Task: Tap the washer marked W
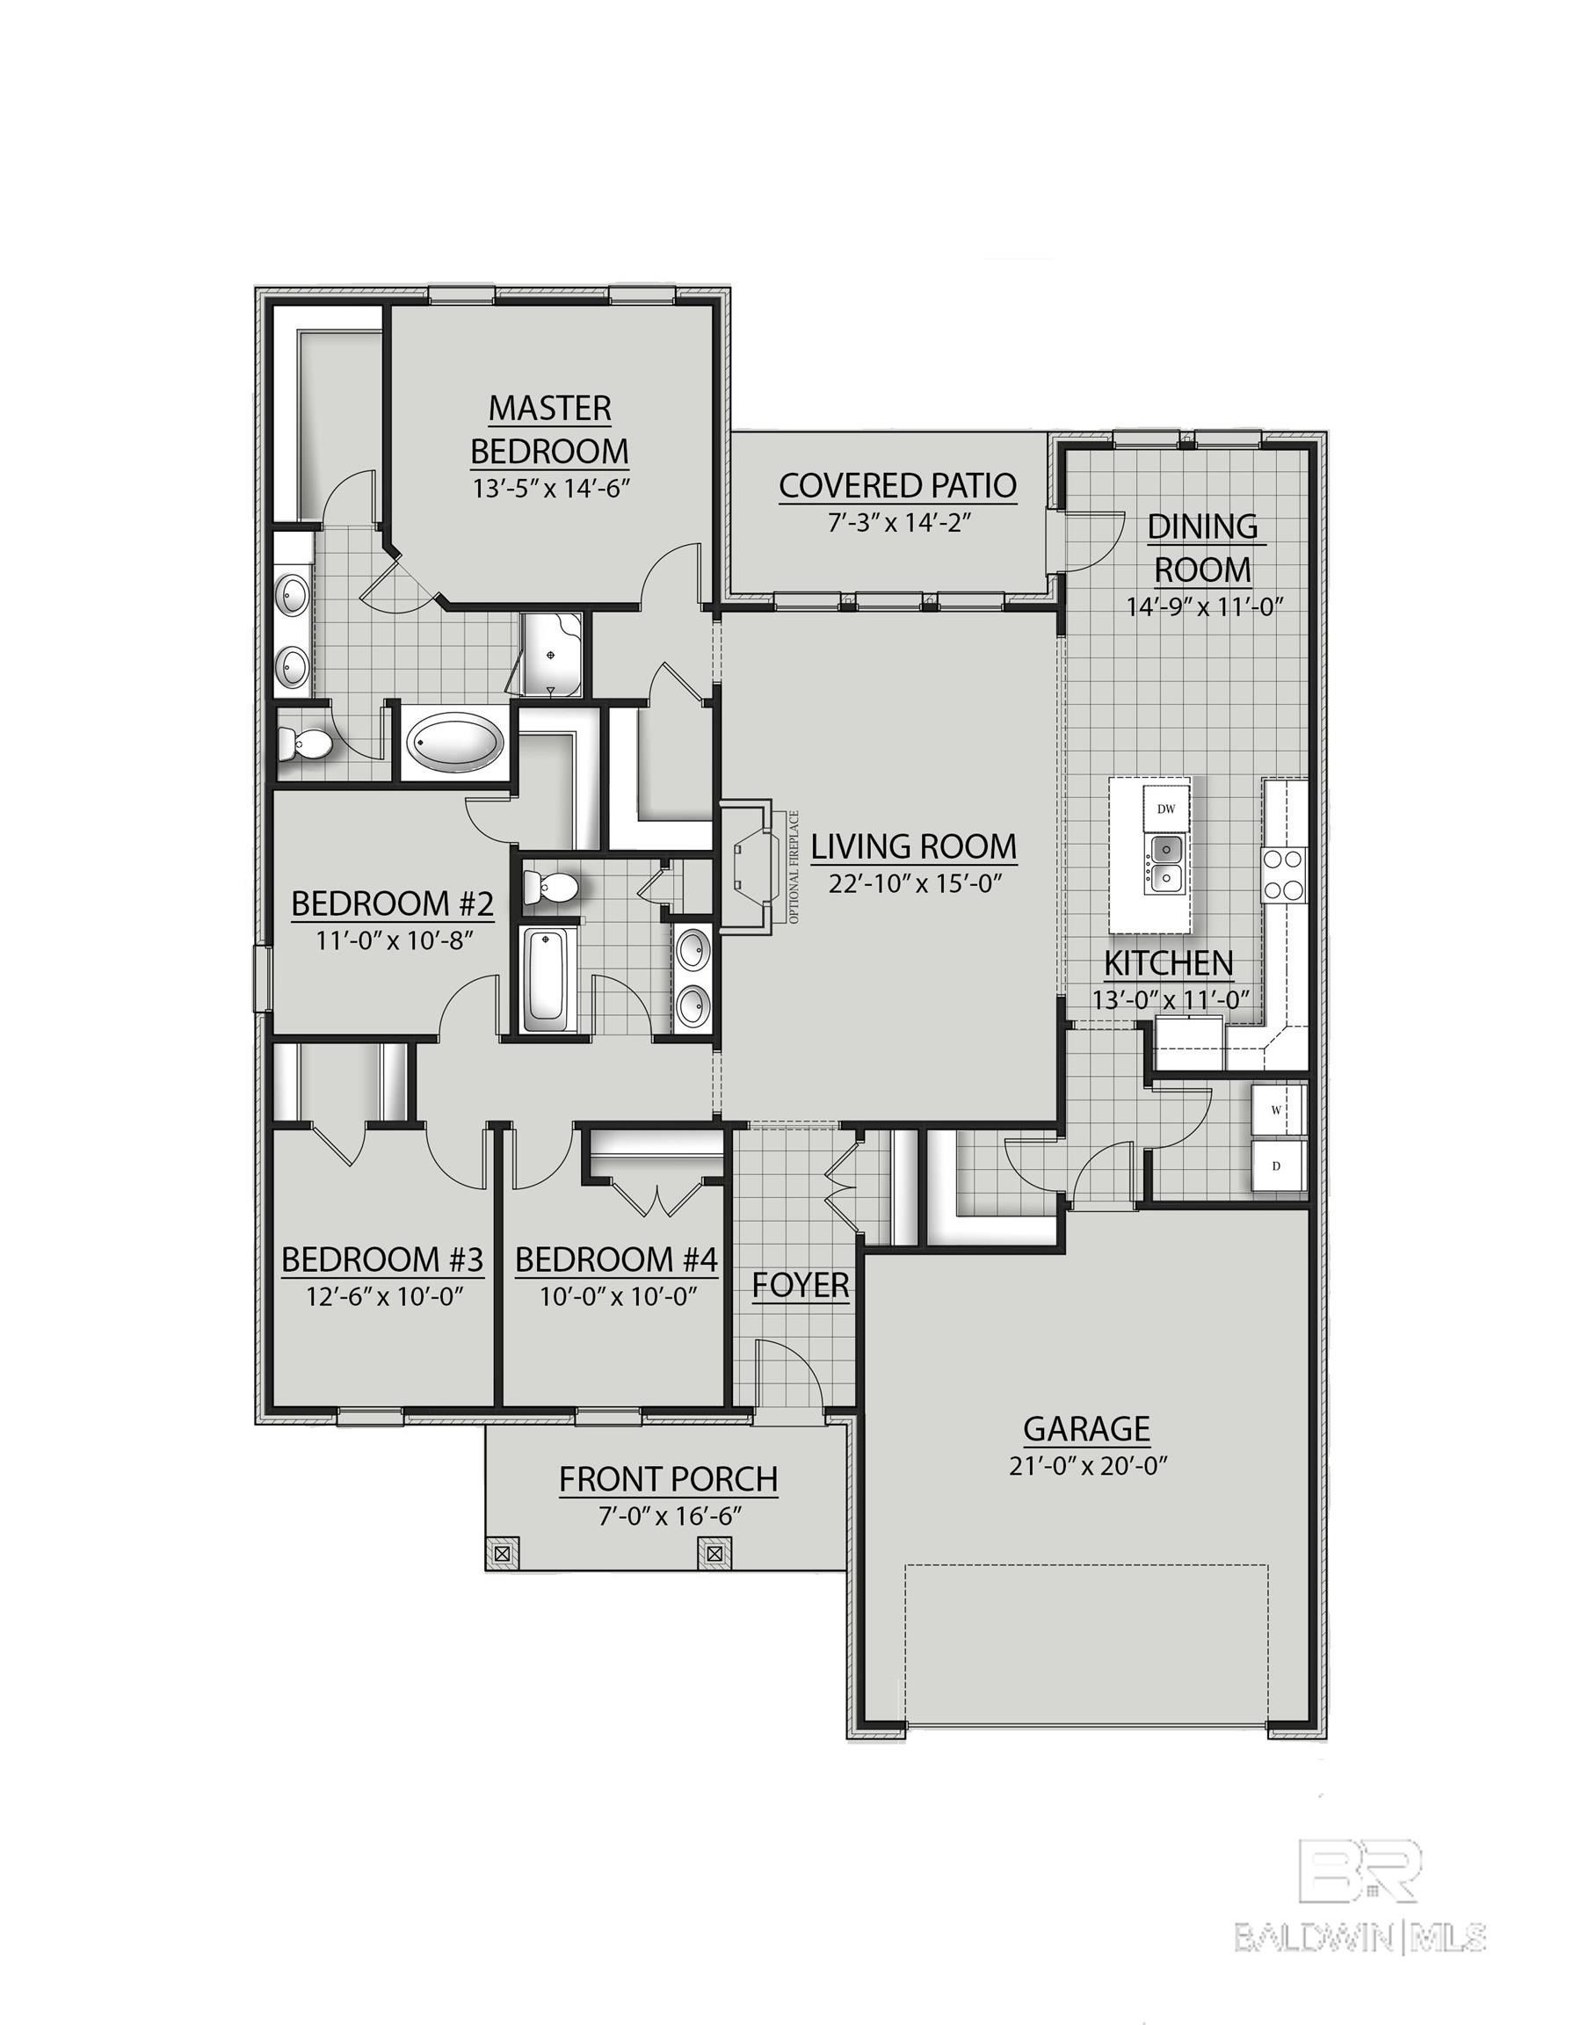coord(1276,1110)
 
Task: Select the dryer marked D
coord(1276,1166)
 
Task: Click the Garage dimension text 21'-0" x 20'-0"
coord(1086,1466)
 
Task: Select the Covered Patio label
coord(896,485)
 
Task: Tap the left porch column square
coord(502,1551)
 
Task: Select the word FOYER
coord(801,1286)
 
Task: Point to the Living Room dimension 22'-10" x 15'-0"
coord(913,883)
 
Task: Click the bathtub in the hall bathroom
coord(549,981)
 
